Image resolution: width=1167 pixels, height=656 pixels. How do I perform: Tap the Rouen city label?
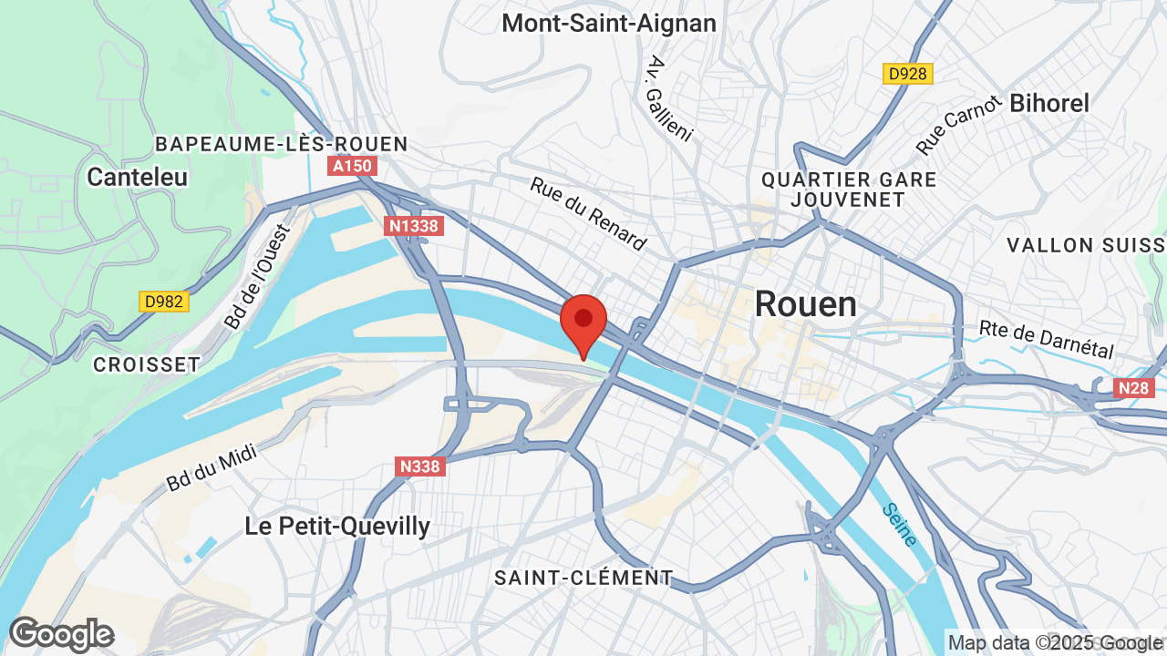click(x=805, y=304)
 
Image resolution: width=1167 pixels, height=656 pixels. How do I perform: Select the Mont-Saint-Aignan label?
click(x=609, y=23)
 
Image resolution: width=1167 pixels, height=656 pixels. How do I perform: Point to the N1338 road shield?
click(x=414, y=226)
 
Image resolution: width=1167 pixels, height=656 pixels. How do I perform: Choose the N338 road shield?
click(x=420, y=466)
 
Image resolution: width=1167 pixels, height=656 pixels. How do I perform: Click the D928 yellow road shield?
click(x=908, y=74)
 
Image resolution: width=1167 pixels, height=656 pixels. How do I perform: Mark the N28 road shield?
click(x=1133, y=388)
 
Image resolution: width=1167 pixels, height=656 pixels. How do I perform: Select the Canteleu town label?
click(x=137, y=177)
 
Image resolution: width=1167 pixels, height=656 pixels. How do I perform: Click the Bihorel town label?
click(x=1048, y=104)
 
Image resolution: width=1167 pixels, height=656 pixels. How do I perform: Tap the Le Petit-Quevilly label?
click(x=337, y=526)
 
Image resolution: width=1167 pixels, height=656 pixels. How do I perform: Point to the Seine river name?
click(x=899, y=525)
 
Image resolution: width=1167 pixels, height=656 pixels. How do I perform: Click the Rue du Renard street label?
click(x=588, y=213)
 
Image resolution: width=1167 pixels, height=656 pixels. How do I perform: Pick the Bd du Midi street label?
click(x=212, y=466)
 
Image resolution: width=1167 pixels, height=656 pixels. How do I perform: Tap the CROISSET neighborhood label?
click(x=146, y=364)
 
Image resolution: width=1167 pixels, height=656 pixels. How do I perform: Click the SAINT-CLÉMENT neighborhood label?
click(x=583, y=578)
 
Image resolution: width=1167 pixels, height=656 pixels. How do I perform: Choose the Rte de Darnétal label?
click(x=1047, y=339)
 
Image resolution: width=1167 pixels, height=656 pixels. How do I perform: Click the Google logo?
click(x=61, y=634)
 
